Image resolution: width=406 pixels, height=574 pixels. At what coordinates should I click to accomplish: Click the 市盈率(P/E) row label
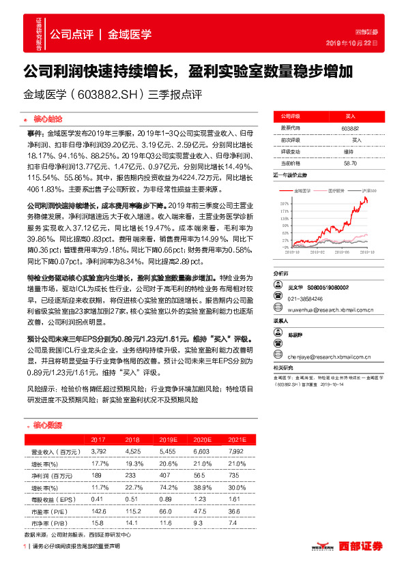50,511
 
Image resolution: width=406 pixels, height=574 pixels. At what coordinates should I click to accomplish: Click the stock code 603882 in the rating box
348,127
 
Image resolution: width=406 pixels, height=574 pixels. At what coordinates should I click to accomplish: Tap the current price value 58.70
348,163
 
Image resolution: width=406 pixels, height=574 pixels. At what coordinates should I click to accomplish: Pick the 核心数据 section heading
47,425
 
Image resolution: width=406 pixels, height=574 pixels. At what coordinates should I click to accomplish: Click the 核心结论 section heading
47,117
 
